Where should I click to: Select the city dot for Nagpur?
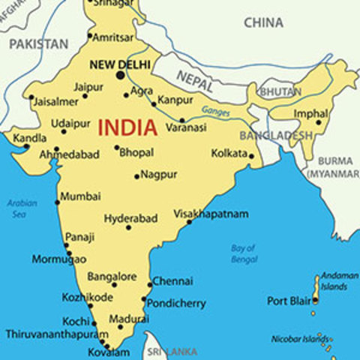(x=136, y=177)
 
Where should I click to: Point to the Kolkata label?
(x=229, y=153)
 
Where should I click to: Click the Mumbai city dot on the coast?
(x=57, y=202)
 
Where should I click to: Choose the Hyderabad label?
(x=130, y=218)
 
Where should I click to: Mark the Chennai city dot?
(x=149, y=285)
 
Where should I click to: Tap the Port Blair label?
(x=289, y=301)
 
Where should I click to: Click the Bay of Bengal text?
(x=244, y=253)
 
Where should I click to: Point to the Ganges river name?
(x=215, y=111)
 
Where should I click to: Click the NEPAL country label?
(x=195, y=76)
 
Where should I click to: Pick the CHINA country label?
(x=263, y=22)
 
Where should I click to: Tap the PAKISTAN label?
(x=38, y=43)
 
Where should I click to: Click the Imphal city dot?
(x=319, y=123)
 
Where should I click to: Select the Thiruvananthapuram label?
(x=52, y=334)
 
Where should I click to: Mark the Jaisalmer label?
(x=54, y=101)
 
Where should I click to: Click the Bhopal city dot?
(x=116, y=148)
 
